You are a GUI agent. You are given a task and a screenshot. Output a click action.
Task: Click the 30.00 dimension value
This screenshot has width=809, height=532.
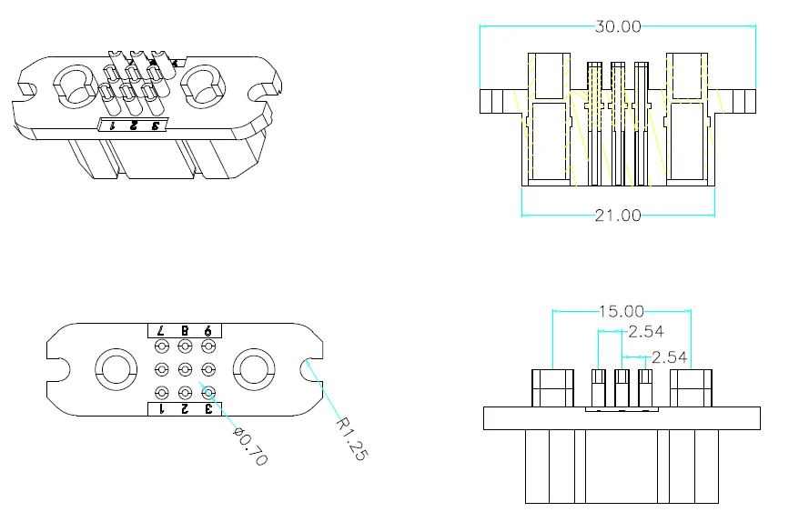tap(618, 26)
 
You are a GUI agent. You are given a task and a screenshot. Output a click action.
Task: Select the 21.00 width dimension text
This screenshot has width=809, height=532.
tap(618, 215)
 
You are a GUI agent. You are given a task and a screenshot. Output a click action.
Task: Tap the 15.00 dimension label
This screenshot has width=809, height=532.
tap(622, 311)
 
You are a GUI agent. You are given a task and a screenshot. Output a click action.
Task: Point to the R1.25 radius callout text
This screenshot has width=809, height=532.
tap(352, 438)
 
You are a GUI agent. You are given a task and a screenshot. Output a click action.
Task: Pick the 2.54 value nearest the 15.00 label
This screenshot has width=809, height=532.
tap(646, 331)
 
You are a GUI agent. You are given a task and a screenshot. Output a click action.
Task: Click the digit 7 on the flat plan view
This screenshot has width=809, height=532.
tap(161, 330)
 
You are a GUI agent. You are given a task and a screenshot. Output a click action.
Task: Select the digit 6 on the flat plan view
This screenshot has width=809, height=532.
tap(207, 330)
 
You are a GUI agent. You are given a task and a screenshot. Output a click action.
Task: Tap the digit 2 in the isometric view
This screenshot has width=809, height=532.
tap(133, 125)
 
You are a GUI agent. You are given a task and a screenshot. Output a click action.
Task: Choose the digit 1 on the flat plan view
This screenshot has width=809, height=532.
tap(161, 409)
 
